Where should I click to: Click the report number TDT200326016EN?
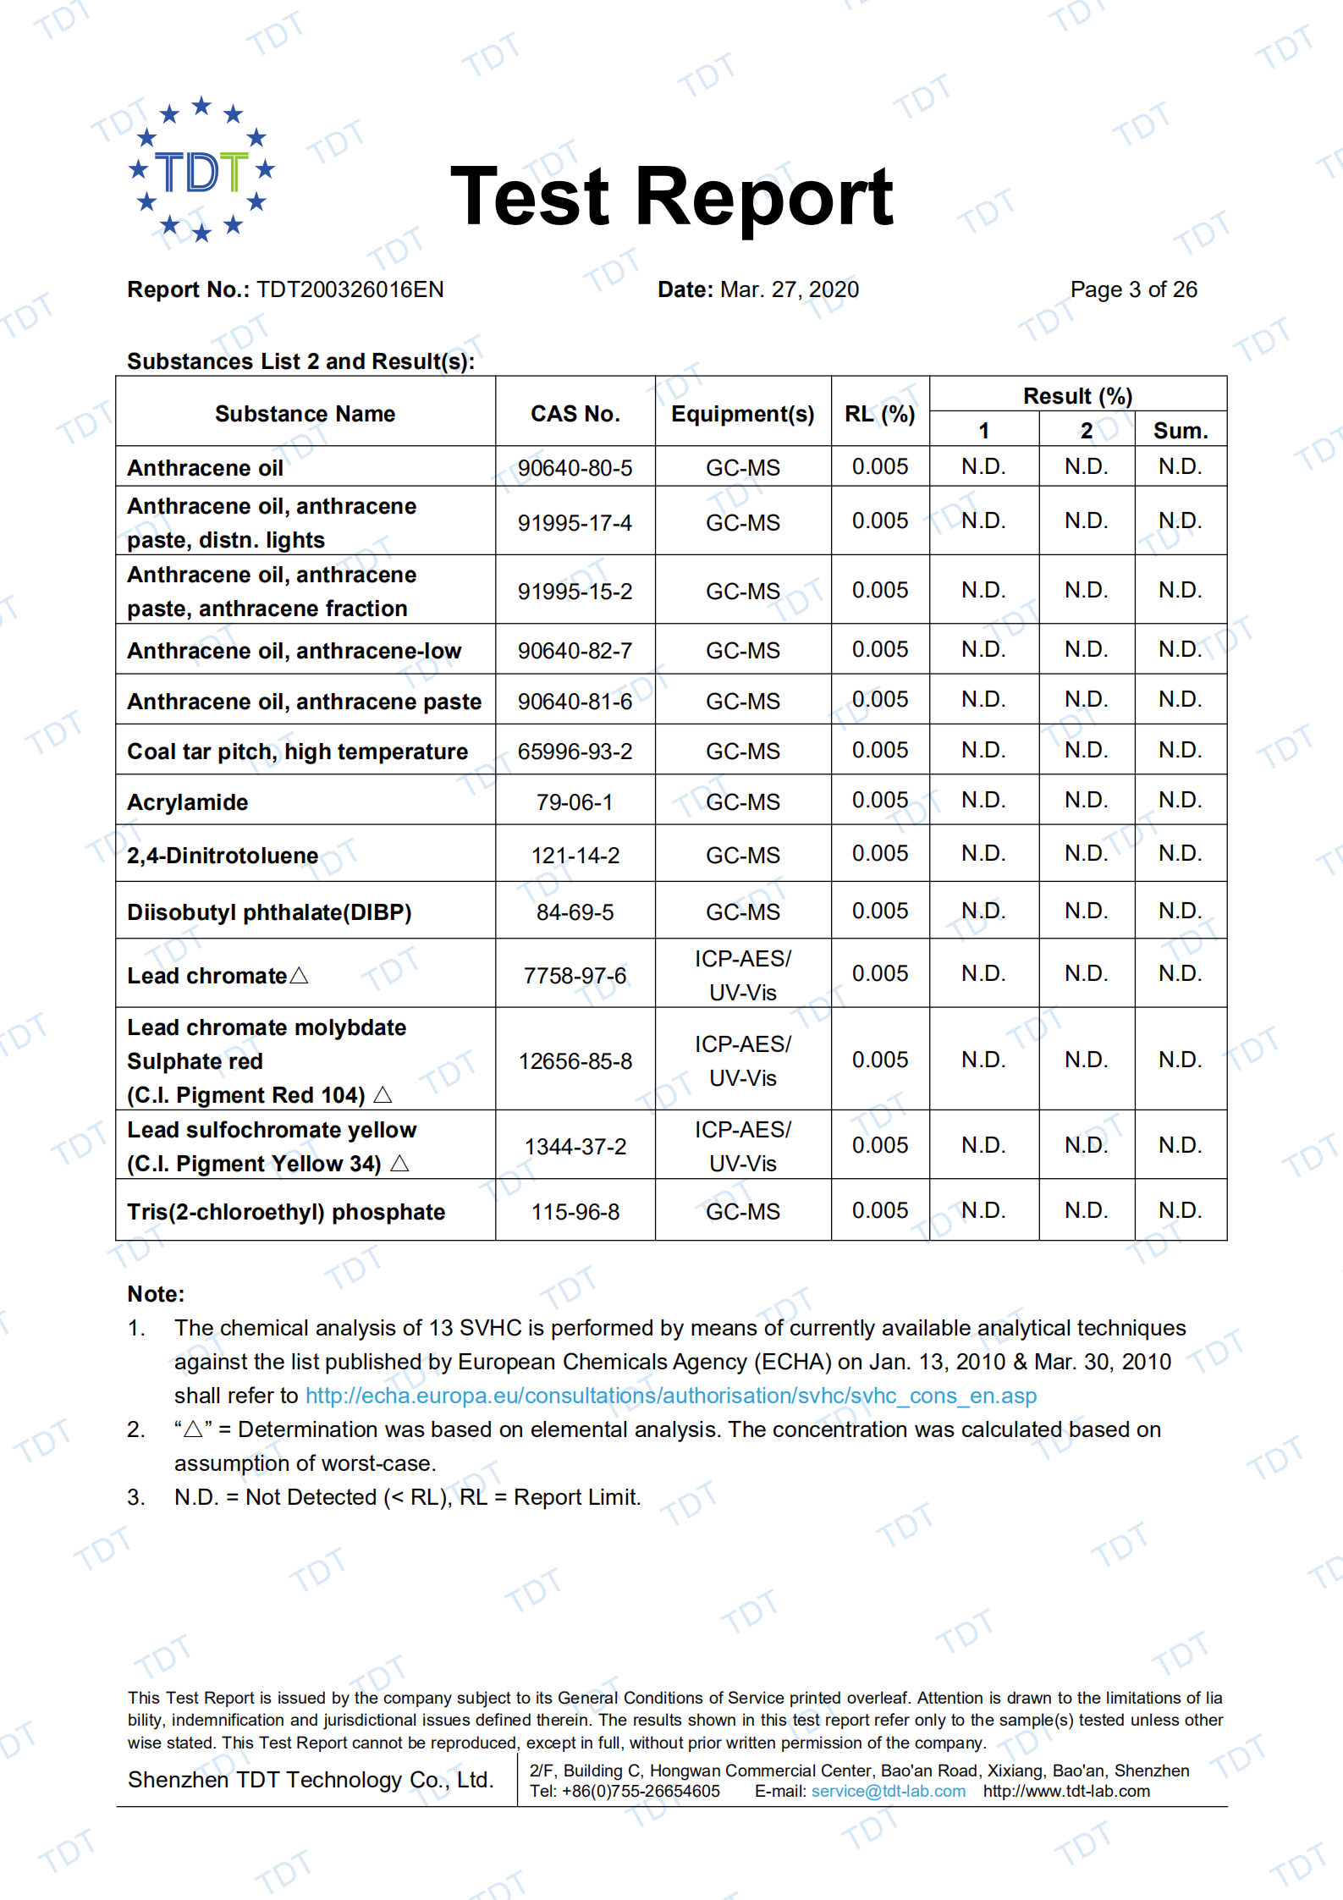pos(350,289)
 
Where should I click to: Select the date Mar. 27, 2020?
pos(789,289)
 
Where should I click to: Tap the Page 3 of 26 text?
pos(1133,289)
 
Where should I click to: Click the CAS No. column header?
pos(575,414)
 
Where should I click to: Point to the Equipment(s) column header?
pos(742,414)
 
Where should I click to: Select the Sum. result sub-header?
pos(1180,431)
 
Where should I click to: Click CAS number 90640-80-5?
pos(575,468)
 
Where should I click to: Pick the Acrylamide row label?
pos(188,802)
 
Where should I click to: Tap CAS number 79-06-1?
pos(575,802)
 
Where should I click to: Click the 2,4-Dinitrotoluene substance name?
pos(223,856)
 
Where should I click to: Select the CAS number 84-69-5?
pos(575,912)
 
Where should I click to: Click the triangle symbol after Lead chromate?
pos(299,976)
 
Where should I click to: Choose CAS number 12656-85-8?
pos(575,1061)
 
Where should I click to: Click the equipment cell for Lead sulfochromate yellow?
pos(742,1147)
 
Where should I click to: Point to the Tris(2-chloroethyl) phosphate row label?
pos(286,1212)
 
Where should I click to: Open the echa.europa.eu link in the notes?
pos(670,1396)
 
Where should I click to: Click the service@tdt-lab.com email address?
pos(888,1791)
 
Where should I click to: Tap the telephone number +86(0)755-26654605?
pos(641,1791)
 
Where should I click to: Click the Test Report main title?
pos(671,196)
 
